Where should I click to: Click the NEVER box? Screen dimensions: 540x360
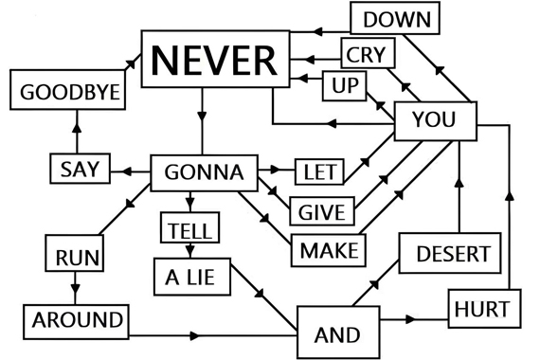[x=216, y=59]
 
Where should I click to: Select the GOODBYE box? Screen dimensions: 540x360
[x=68, y=90]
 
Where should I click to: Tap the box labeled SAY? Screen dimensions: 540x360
[x=81, y=169]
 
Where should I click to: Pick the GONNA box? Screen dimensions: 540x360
[x=205, y=173]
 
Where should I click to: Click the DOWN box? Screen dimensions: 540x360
[x=395, y=18]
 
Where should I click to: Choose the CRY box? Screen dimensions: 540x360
[x=369, y=53]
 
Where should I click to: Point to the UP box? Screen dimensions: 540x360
[x=345, y=86]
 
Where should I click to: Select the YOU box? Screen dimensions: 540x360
[x=436, y=121]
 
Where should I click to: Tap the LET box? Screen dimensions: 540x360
[x=319, y=171]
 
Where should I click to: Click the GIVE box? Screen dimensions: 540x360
[x=322, y=211]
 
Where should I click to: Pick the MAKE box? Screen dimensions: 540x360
[x=329, y=250]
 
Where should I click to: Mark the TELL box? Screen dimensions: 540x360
[x=190, y=227]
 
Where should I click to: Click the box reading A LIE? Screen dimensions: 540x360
[x=192, y=277]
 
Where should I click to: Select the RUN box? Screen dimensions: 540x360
[x=75, y=253]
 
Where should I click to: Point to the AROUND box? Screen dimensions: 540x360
[x=76, y=322]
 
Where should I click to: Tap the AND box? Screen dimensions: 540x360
[x=338, y=333]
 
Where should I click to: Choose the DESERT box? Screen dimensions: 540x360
[x=450, y=253]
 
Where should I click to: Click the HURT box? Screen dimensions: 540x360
[x=484, y=309]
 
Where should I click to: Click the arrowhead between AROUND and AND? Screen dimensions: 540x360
[x=194, y=335]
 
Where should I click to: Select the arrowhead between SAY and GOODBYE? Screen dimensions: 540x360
[x=77, y=128]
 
